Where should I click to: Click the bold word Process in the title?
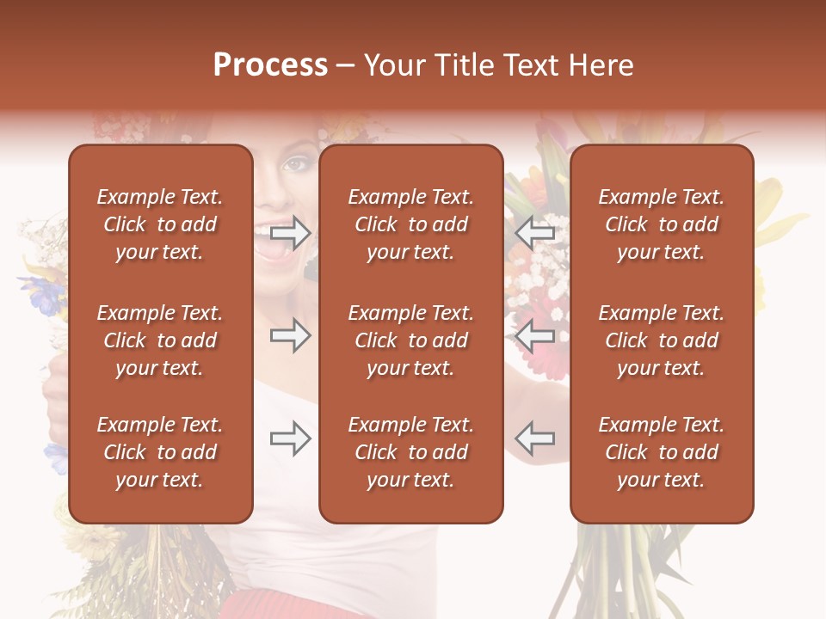[270, 65]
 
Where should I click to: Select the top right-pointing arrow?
[290, 232]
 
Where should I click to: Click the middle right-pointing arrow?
[290, 335]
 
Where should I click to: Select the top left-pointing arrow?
[535, 232]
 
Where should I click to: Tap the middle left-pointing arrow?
[535, 335]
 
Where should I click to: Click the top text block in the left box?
[160, 224]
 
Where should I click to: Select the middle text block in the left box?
[160, 340]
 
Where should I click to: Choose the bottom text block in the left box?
[160, 452]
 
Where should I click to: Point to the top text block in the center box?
[410, 224]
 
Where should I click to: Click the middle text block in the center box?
[410, 340]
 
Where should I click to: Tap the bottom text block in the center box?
[410, 452]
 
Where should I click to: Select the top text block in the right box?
[661, 224]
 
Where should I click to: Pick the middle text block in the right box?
[661, 340]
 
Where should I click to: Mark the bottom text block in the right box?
[661, 452]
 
